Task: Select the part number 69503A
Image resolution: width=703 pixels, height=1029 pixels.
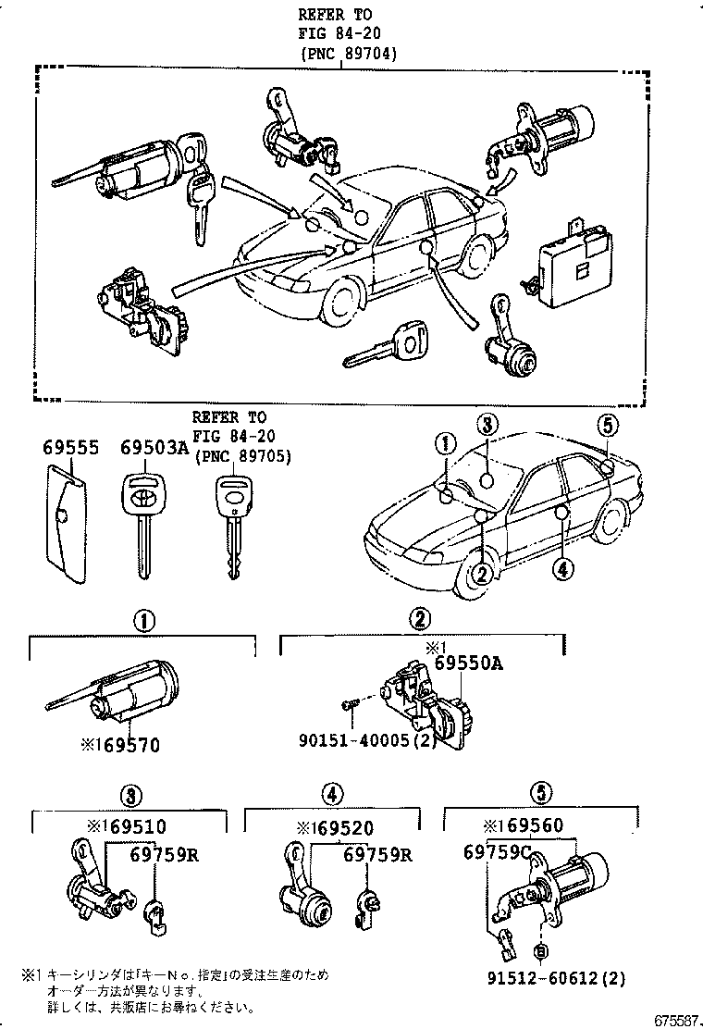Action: point(154,447)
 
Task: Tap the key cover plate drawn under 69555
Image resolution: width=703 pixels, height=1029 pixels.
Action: point(66,522)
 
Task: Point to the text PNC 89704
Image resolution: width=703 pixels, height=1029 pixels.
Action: point(348,54)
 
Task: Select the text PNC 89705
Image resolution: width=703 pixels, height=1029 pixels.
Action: point(241,456)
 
